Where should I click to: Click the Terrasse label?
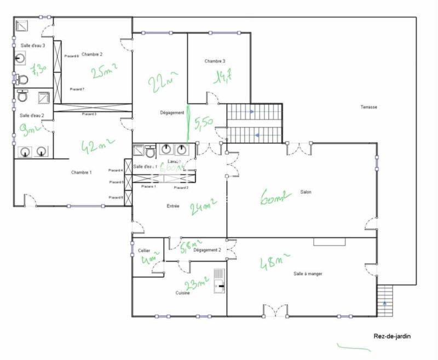point(369,107)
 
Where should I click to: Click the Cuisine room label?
point(183,293)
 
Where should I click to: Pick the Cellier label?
point(144,250)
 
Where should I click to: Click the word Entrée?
point(172,206)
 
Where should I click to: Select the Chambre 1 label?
point(81,172)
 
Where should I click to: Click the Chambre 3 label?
point(215,61)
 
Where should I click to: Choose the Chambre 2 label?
point(93,54)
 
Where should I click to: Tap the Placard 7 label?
point(77,89)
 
